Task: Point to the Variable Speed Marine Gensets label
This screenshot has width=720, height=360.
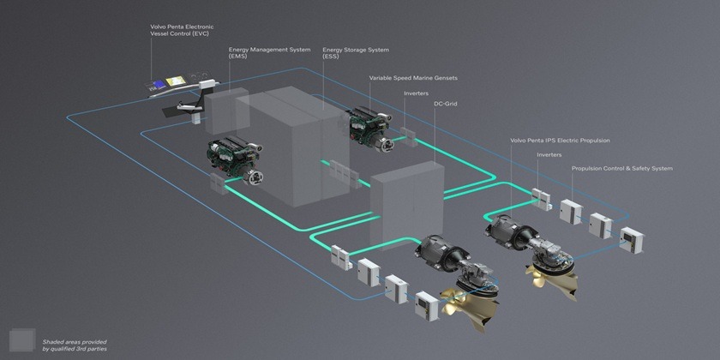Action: pos(413,78)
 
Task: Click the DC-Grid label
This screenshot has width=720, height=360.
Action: pos(447,103)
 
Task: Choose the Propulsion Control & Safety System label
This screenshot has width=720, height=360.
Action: pos(621,169)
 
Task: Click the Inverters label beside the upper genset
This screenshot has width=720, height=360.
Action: pos(416,93)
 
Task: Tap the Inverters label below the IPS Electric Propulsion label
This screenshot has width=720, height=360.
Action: pos(549,155)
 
